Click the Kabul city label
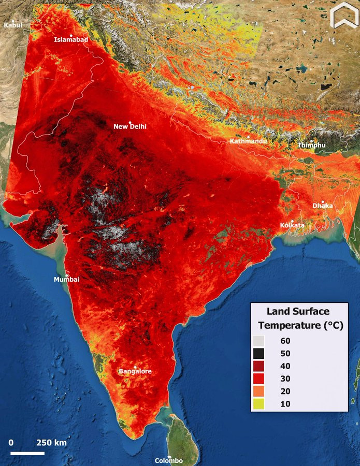13,25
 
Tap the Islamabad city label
71,39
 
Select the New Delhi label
130,126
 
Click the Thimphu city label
311,145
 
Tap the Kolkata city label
292,225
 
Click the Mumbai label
67,280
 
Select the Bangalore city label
135,371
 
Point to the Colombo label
169,460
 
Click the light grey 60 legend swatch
259,341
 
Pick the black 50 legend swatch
259,354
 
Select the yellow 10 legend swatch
259,404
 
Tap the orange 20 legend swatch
259,391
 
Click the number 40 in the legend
284,366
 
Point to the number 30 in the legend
284,379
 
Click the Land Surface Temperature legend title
298,318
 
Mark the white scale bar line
27,453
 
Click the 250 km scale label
51,443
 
